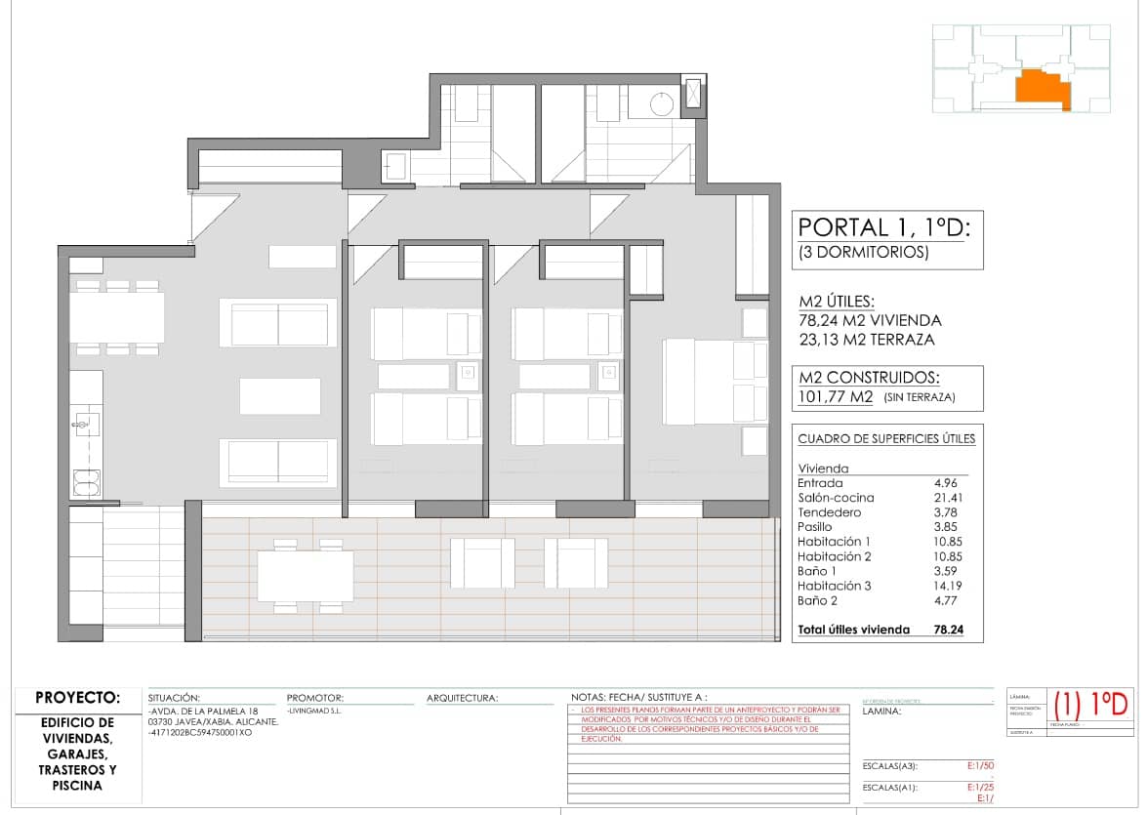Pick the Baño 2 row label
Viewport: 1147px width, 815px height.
(817, 600)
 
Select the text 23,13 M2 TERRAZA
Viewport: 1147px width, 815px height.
(866, 340)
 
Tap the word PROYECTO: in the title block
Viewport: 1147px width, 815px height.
(77, 698)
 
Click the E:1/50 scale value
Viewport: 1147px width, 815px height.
(978, 766)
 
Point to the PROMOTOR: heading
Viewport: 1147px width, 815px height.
(315, 698)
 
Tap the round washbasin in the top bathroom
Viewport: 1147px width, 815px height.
(663, 102)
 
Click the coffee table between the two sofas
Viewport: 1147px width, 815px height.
(279, 396)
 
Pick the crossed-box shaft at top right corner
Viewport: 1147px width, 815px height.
(693, 95)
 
